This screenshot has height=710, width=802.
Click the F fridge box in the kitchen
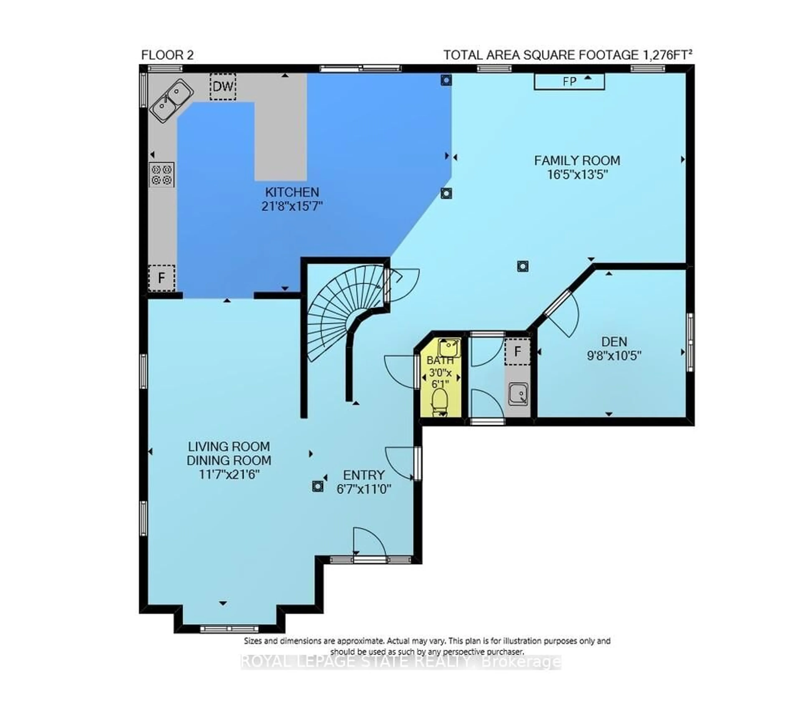click(x=161, y=278)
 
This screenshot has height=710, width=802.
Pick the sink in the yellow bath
click(x=449, y=347)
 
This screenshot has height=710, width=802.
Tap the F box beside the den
click(x=517, y=351)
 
